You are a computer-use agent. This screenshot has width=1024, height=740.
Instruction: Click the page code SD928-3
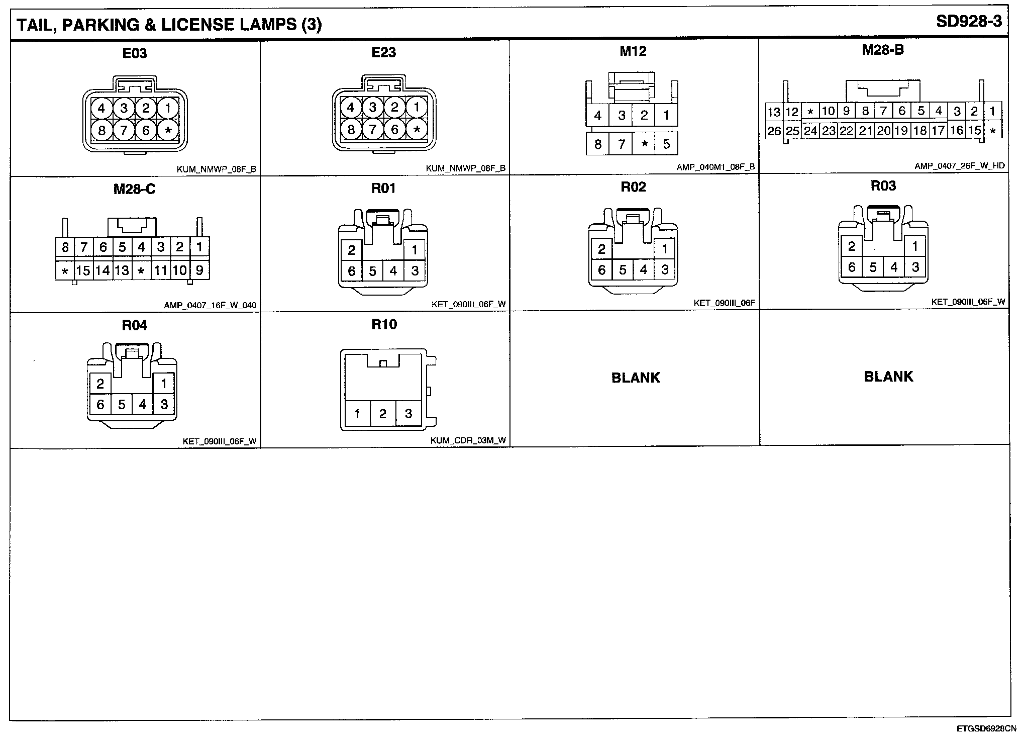969,22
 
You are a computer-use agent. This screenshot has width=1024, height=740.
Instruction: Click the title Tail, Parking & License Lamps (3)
169,24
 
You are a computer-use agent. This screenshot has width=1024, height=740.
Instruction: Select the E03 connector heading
135,53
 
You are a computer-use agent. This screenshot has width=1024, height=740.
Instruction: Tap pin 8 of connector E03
101,131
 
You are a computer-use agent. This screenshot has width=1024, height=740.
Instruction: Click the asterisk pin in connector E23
417,130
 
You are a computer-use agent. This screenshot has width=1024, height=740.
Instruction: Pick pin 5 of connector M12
666,144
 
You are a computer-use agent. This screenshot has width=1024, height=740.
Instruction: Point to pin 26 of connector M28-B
774,131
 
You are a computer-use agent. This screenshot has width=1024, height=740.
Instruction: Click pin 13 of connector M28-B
774,112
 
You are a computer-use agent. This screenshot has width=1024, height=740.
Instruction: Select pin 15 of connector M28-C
83,271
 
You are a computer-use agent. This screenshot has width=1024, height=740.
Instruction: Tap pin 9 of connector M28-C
199,271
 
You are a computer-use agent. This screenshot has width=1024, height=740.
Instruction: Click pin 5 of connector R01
372,271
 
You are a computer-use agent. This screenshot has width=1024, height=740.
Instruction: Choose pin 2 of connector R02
601,249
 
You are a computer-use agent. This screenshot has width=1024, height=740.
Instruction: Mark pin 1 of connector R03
915,246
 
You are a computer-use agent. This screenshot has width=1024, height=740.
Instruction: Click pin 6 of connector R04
100,405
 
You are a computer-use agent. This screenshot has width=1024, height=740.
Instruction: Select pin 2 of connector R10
383,414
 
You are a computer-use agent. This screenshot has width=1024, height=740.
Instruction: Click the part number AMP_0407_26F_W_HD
960,165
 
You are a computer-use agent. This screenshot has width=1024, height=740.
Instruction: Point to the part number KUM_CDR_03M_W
468,441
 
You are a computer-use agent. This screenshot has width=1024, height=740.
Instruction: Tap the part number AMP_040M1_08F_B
715,167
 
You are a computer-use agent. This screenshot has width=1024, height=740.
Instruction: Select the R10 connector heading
384,325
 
